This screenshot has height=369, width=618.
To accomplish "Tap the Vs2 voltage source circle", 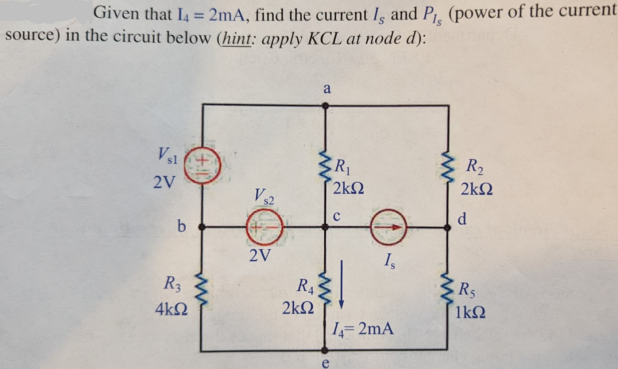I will pos(264,228).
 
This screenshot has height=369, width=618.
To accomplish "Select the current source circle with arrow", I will pos(388,227).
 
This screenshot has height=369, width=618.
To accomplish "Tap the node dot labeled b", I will pos(201,227).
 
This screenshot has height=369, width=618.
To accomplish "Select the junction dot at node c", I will pos(325,227).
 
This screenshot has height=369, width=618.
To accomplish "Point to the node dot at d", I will pos(447,228).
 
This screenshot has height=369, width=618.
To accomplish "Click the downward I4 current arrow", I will pos(341,285).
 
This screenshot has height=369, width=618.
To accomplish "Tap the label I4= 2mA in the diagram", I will pos(363,329).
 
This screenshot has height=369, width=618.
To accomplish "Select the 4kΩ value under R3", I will pos(171,310).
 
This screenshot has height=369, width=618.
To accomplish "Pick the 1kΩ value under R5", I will pos(471,312).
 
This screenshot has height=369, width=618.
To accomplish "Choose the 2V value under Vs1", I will pos(164,182).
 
